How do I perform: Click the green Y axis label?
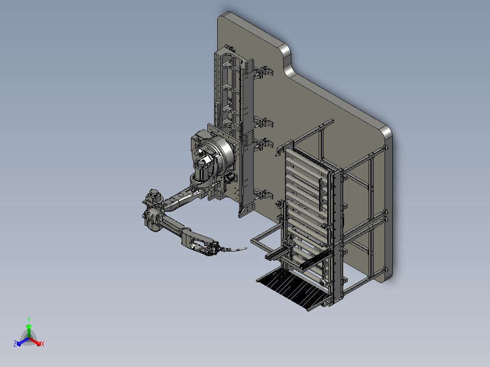[29, 319]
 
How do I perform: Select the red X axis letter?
[43, 344]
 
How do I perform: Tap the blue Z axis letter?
[15, 343]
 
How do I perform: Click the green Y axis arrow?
[29, 331]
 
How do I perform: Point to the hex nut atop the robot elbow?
[154, 192]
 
